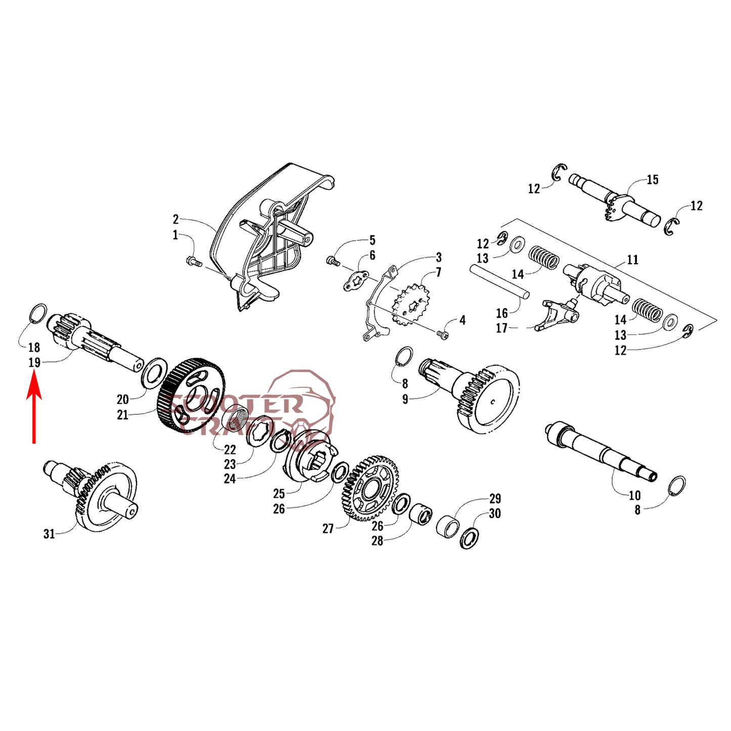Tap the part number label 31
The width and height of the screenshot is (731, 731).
49,534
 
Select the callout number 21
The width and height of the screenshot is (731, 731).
122,415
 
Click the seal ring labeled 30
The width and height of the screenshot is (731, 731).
469,538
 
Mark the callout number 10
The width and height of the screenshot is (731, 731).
635,495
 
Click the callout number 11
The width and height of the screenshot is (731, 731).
632,260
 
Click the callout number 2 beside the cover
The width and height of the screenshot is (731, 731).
176,219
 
